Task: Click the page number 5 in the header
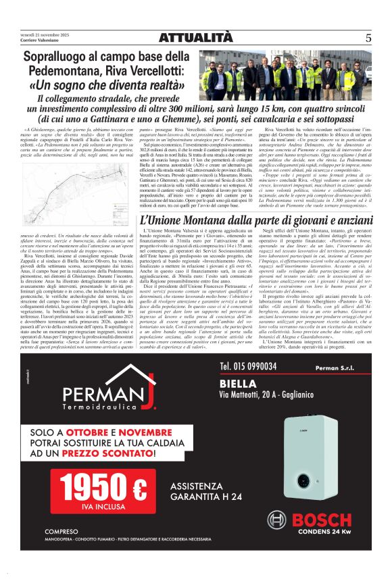tap(368, 39)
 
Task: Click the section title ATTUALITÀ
tap(196, 38)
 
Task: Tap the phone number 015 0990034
tap(248, 366)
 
